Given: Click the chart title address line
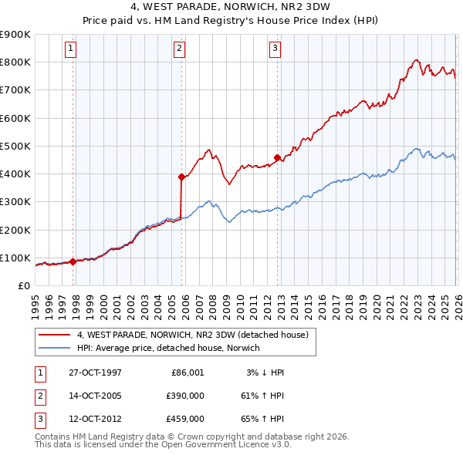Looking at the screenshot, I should pos(231,8).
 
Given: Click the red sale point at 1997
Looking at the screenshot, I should pos(73,261).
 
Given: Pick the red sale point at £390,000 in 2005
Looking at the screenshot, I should pos(181,177).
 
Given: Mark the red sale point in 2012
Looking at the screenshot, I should pos(277,157).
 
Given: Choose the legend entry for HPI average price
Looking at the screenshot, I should pos(169,348).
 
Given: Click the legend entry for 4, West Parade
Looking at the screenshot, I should pos(192,335).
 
